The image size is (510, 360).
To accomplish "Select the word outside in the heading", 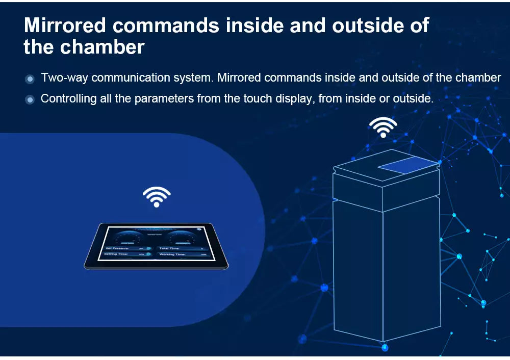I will pos(366,26).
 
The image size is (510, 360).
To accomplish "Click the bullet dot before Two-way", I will pos(30,79).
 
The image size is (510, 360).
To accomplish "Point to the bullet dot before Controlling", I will pos(30,99).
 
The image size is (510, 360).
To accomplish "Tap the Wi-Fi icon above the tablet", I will pos(156,196).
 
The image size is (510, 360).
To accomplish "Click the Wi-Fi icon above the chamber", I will pos(383,127).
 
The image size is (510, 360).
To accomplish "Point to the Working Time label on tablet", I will pos(173,254).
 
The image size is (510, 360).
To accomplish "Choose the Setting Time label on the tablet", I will pos(116,254).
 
